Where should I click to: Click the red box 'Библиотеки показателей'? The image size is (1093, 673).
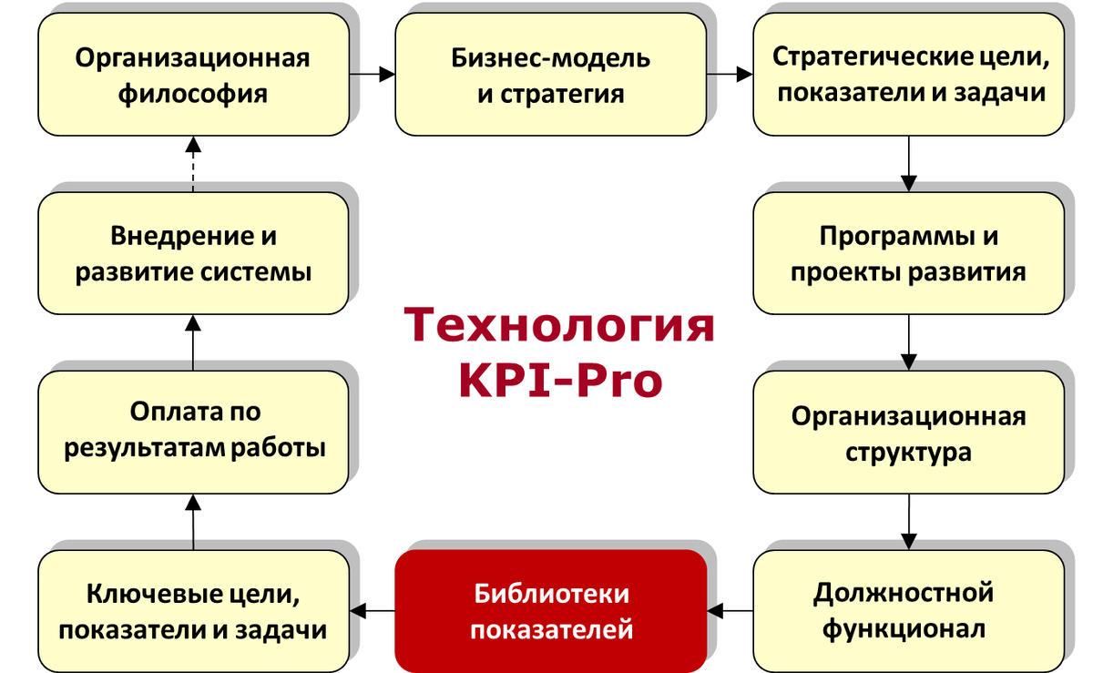551,610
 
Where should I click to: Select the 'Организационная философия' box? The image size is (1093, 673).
192,76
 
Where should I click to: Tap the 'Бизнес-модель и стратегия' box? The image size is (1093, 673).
550,76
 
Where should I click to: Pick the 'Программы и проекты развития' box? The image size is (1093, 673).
908,253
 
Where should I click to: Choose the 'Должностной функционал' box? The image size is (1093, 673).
908,610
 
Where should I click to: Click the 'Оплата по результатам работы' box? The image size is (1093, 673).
192,430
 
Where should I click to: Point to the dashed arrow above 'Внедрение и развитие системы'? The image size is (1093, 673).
192,164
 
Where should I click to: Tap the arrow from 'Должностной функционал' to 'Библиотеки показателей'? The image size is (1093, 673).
730,610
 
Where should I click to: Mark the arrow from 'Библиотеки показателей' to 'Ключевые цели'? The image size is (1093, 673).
372,610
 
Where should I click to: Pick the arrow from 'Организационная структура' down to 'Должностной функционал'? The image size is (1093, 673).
908,521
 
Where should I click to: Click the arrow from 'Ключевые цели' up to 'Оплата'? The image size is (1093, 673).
192,521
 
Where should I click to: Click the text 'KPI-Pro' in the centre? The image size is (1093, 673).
559,381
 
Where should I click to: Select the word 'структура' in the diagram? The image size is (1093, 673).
908,452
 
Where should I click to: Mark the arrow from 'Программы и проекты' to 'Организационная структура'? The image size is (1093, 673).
908,342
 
